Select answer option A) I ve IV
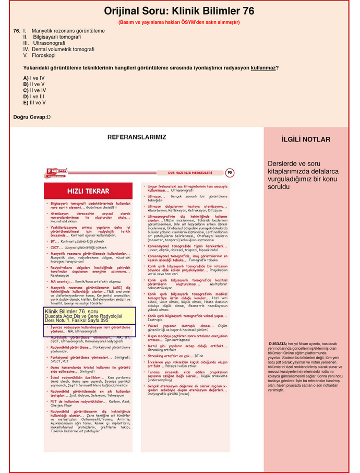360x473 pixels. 34,78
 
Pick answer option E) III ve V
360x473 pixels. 34,103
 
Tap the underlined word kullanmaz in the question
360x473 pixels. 263,68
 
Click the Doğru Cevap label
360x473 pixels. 30,117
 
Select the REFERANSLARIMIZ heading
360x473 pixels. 137,137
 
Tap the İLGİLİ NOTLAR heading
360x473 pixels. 305,140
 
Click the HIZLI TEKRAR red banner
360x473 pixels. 88,192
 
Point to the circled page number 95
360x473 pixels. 230,172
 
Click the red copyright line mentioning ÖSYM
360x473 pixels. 179,22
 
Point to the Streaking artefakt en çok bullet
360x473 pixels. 177,356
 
